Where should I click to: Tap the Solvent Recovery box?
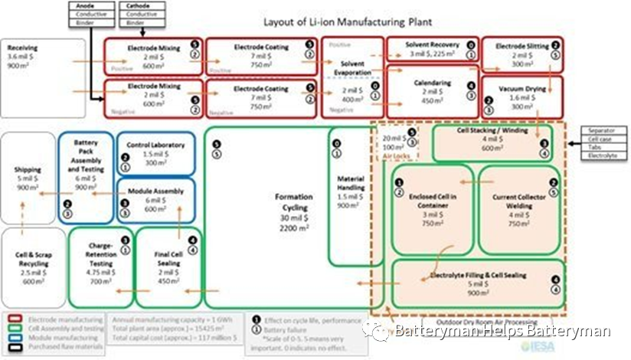coord(432,51)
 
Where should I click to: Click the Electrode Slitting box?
coord(522,54)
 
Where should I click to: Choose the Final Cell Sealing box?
coord(170,261)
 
